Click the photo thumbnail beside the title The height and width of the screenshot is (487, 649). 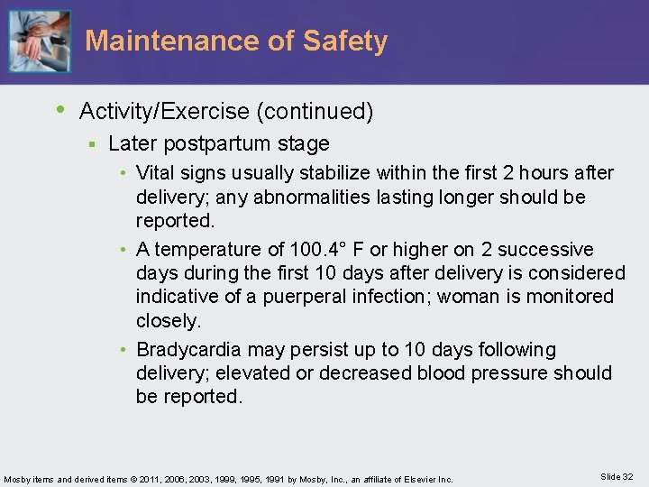[39, 41]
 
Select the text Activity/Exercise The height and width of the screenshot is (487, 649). [165, 112]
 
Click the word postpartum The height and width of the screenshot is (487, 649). [208, 143]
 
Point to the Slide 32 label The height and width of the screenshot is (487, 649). [616, 477]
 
